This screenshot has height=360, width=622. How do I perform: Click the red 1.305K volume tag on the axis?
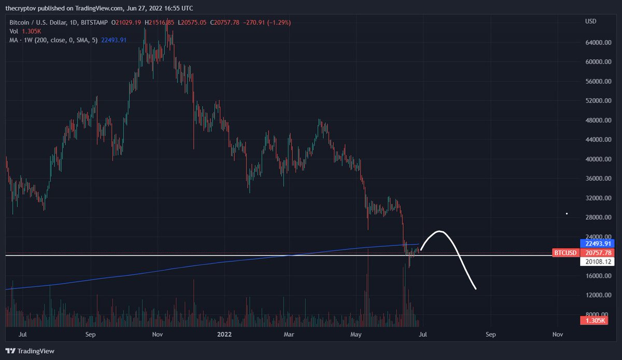[594, 321]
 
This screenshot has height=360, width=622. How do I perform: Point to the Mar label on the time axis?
[288, 335]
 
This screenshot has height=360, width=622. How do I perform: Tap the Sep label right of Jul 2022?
[490, 335]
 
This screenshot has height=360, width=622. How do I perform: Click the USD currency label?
[591, 22]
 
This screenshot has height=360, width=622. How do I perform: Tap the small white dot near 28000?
[567, 214]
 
